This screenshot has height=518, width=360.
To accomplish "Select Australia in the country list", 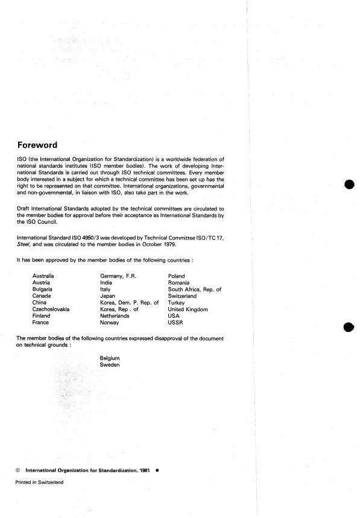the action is tap(44, 276).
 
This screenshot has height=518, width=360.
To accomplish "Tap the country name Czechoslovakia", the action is tap(51, 309).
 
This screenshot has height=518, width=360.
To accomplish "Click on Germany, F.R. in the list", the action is tap(118, 276).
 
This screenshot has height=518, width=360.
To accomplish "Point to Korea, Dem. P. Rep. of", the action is tap(129, 302).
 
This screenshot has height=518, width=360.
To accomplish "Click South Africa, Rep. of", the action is tap(195, 289).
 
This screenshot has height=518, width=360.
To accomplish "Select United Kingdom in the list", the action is tap(188, 309).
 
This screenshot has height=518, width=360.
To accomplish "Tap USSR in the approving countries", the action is tap(175, 323).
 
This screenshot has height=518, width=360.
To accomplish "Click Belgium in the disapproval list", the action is tap(110, 358).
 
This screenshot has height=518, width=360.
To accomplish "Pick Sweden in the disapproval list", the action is tap(110, 365).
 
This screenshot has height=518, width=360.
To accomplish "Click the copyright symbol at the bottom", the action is tap(17, 469).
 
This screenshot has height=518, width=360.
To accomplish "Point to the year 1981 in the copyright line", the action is tap(143, 469).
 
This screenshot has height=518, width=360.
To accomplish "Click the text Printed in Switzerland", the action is tap(39, 482).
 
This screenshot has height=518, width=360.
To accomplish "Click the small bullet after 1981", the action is tap(157, 469).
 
